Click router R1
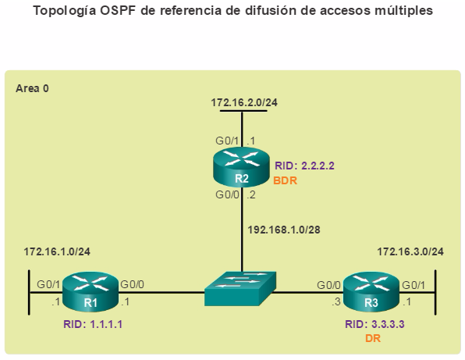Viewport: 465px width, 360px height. tap(91, 291)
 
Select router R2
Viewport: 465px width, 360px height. tap(241, 167)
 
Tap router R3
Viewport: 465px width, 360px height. tap(371, 291)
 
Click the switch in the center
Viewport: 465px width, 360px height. tap(240, 288)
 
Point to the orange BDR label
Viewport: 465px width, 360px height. tap(285, 180)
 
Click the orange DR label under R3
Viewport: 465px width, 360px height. tap(373, 338)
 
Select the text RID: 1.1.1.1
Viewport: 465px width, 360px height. tap(93, 324)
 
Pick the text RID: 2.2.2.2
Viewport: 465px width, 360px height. tap(304, 166)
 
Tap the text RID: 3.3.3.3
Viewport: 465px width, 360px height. tap(374, 324)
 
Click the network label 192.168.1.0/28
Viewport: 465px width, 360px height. tap(284, 230)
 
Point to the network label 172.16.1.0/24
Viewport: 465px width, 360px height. tap(57, 251)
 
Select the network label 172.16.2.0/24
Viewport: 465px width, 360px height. tap(244, 102)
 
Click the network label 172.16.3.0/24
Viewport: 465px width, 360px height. tap(410, 251)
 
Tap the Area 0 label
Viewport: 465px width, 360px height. tap(32, 88)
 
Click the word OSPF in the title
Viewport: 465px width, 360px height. tap(117, 11)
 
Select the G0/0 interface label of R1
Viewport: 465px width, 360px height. tap(133, 284)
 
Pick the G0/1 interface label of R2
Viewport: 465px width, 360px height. tap(227, 141)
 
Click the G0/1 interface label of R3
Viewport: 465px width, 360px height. tap(414, 285)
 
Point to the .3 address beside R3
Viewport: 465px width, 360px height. tap(336, 302)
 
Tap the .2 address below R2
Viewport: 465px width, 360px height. tap(251, 195)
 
